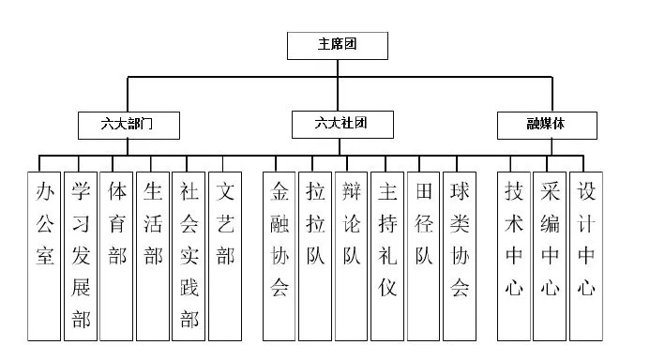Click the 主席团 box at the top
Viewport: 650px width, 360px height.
pyautogui.click(x=336, y=45)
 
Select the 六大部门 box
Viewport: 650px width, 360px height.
pyautogui.click(x=128, y=124)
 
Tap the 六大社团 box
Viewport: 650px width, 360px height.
pyautogui.click(x=341, y=124)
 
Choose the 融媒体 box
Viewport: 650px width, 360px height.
pyautogui.click(x=546, y=124)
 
